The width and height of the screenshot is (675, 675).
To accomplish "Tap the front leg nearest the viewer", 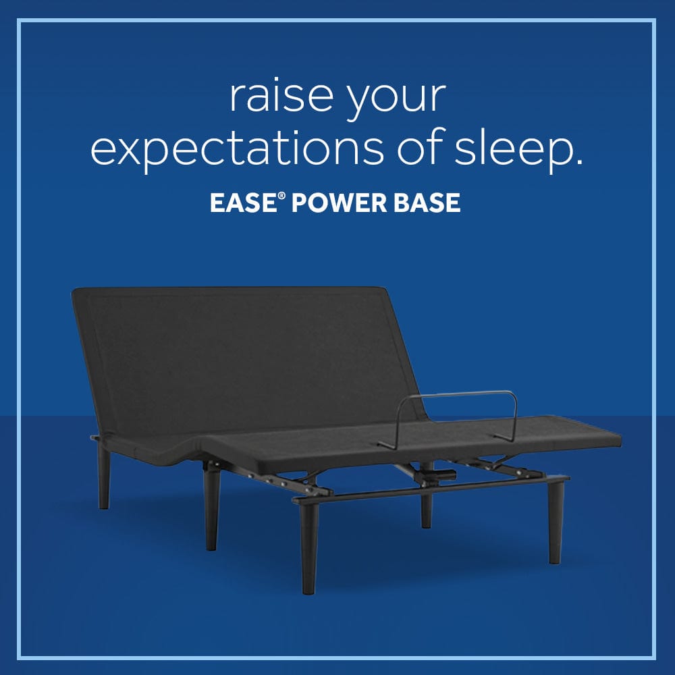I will pos(308,547).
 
